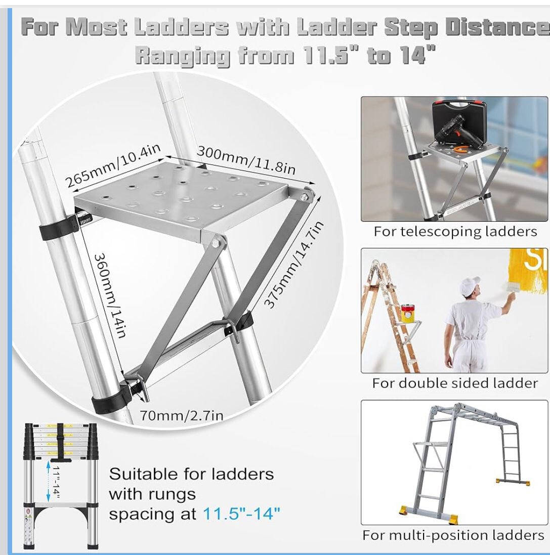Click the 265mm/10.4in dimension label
(x=112, y=165)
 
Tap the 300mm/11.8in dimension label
(x=246, y=160)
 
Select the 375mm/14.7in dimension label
(x=293, y=265)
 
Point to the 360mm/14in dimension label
(x=110, y=295)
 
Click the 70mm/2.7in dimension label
(x=182, y=415)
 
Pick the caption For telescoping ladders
(x=455, y=232)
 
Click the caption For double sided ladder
(x=455, y=383)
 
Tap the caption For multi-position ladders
(x=453, y=535)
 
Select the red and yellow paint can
(x=408, y=313)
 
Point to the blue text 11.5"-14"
(x=241, y=513)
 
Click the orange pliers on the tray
(x=460, y=149)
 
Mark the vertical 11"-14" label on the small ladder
(x=56, y=481)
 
